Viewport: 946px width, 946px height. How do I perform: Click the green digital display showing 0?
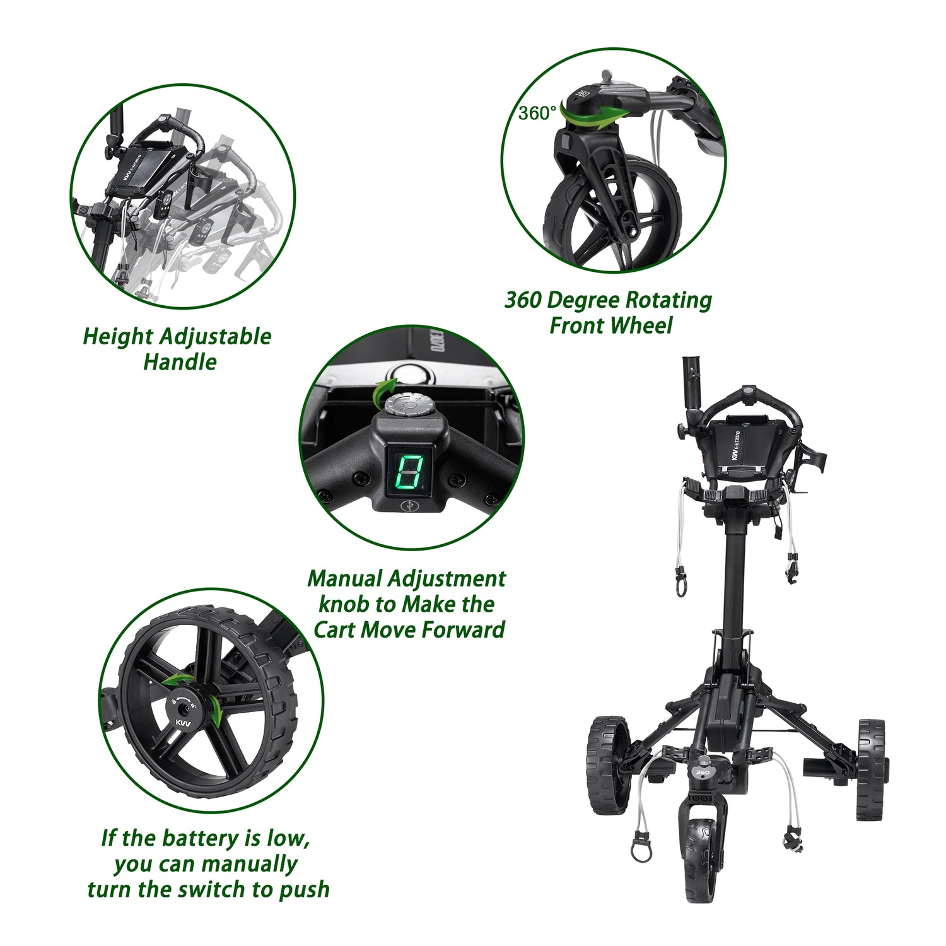coord(408,472)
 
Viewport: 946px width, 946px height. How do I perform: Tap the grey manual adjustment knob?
coord(408,404)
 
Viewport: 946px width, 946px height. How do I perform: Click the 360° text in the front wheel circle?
coord(537,114)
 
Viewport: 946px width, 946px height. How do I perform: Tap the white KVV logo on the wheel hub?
coord(182,723)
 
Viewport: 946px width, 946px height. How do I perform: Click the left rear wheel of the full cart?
coord(608,764)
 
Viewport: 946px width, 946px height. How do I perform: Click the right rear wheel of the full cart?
coord(871,769)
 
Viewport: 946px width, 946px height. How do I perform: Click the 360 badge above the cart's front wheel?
coord(702,773)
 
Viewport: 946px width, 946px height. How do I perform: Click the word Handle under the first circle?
coord(180,362)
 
